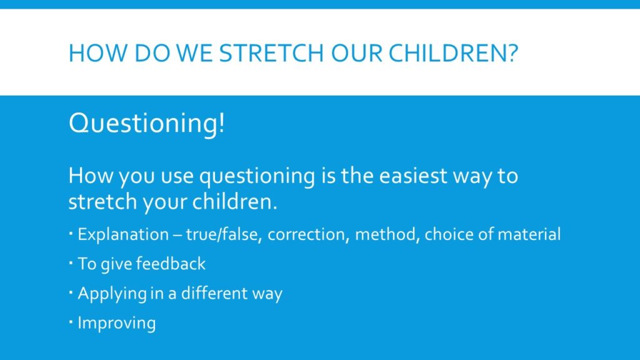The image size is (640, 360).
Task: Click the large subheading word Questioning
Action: click(144, 124)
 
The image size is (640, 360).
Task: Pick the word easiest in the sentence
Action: click(413, 176)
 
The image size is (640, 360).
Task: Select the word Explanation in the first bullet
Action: click(123, 235)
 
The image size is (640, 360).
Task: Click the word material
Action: click(529, 234)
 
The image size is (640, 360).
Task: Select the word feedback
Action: click(171, 264)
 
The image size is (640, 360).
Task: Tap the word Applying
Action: click(112, 294)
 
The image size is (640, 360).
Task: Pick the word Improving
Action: click(117, 323)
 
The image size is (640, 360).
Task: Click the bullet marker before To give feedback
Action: click(71, 263)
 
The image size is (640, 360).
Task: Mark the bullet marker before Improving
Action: click(71, 322)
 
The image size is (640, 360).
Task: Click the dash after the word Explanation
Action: click(177, 236)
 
